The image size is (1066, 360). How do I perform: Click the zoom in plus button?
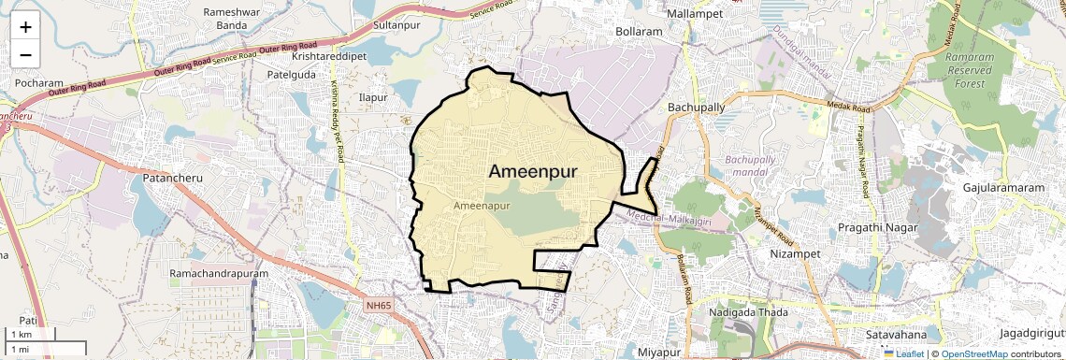25,27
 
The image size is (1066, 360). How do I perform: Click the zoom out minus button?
25,55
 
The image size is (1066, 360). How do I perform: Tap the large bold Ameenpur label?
533,171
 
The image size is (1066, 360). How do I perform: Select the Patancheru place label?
173,177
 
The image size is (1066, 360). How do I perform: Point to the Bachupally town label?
696,108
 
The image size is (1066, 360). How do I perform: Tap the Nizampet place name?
795,253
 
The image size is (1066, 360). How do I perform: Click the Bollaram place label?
639,32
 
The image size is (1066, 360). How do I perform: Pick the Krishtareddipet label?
329,56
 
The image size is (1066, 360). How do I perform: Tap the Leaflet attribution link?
903,353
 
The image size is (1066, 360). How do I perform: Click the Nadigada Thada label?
748,312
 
